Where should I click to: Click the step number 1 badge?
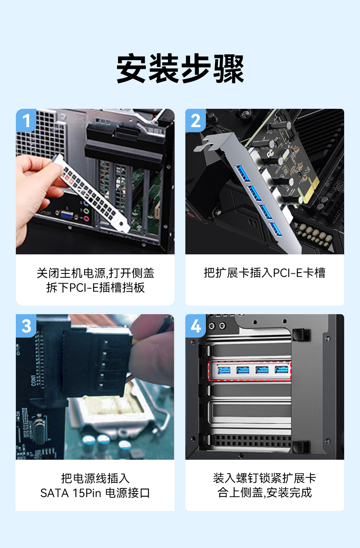pyautogui.click(x=26, y=120)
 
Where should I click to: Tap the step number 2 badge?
pyautogui.click(x=195, y=120)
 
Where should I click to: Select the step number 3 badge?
pyautogui.click(x=26, y=326)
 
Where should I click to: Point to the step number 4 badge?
pyautogui.click(x=195, y=326)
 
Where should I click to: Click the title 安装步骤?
pyautogui.click(x=180, y=68)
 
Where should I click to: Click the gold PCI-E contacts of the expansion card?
pyautogui.click(x=310, y=189)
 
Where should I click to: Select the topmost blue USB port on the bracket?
pyautogui.click(x=243, y=173)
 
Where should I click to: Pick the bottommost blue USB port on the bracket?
pyautogui.click(x=276, y=230)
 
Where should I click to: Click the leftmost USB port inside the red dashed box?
pyautogui.click(x=224, y=370)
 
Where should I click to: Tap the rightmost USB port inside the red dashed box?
pyautogui.click(x=282, y=369)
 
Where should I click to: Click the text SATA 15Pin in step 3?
pyautogui.click(x=71, y=493)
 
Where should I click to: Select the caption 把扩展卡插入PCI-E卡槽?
pyautogui.click(x=265, y=273)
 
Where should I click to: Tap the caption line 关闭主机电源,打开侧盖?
pyautogui.click(x=95, y=273)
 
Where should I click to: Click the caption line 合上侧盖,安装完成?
pyautogui.click(x=265, y=493)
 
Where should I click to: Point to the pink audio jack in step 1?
pyautogui.click(x=86, y=218)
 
